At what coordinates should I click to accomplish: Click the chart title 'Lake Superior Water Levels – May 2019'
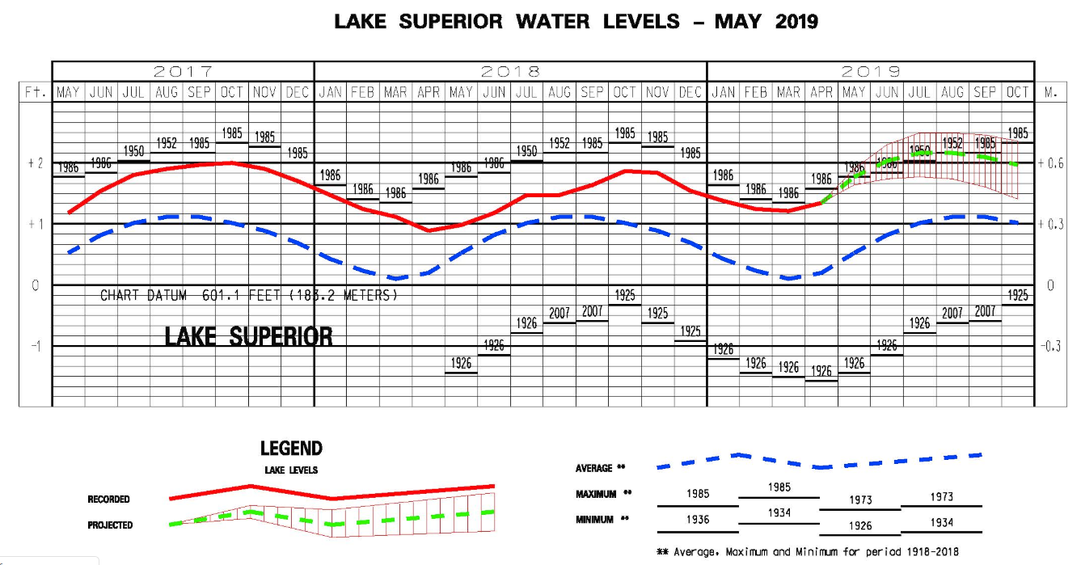point(576,22)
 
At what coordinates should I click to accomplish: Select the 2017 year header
point(183,72)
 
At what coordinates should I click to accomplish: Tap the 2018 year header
point(510,72)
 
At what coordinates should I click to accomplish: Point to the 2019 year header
point(870,72)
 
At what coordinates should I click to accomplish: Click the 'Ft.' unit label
point(35,92)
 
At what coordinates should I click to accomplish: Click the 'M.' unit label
point(1051,92)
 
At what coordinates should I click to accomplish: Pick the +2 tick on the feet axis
point(35,163)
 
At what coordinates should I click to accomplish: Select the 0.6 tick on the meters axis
point(1054,163)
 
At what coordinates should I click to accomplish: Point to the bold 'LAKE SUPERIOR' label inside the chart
point(248,336)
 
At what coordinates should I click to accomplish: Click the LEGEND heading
point(291,449)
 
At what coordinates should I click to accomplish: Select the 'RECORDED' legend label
point(108,500)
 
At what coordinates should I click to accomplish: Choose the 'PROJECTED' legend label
point(110,525)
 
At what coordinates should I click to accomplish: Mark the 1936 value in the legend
point(698,520)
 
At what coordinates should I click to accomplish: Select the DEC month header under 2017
point(298,92)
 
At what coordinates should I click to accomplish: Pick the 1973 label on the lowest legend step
point(860,500)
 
